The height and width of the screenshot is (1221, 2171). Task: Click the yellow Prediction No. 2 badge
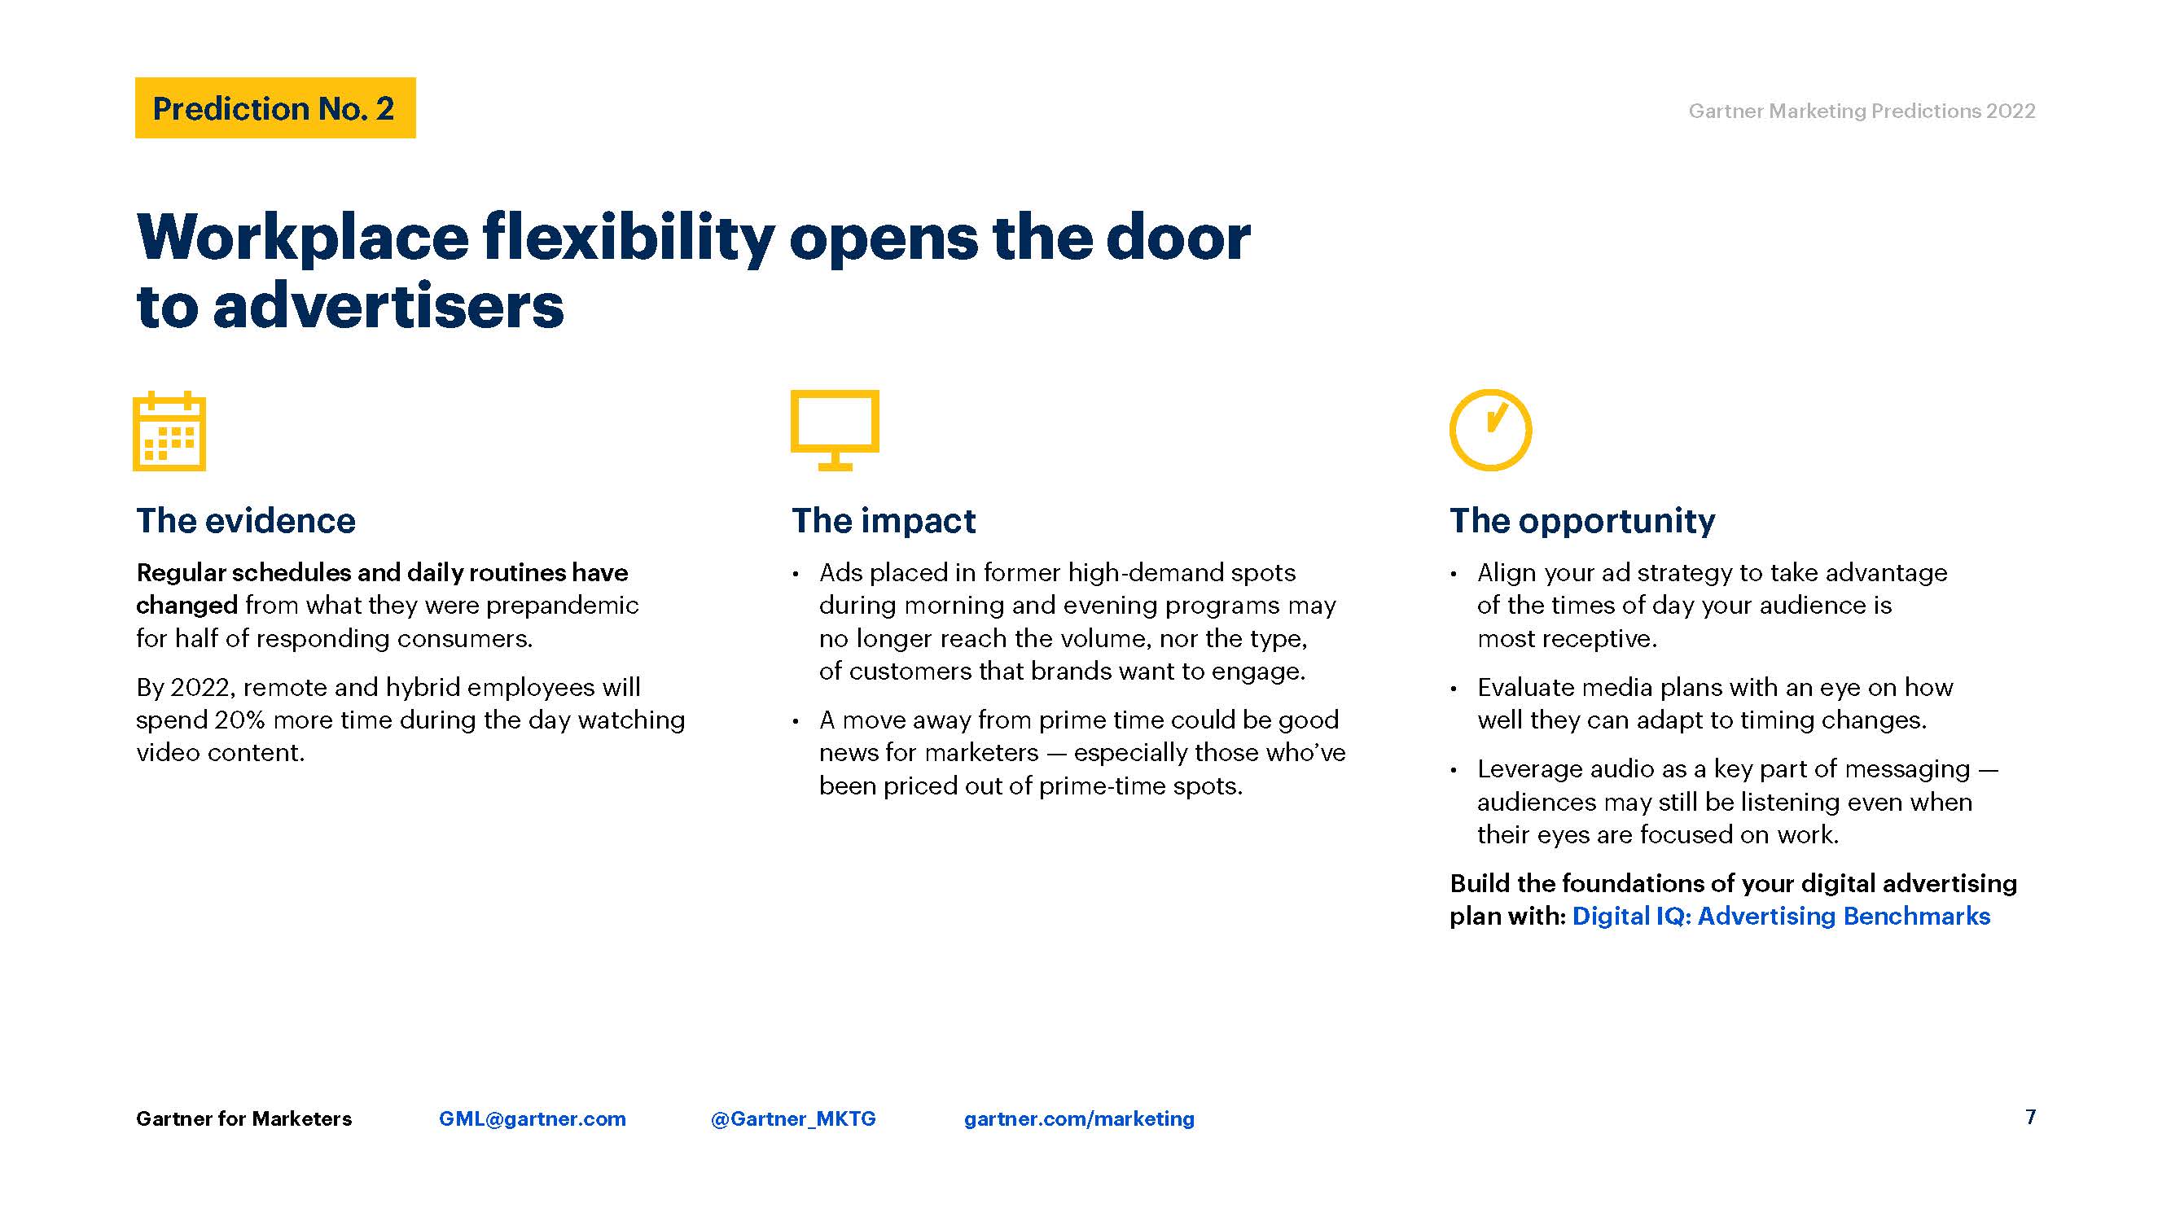(274, 108)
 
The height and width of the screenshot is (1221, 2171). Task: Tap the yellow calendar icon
(169, 431)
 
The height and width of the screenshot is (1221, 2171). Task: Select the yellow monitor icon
(835, 430)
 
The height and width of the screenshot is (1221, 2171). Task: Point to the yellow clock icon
(1490, 430)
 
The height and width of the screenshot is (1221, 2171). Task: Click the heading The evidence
(246, 521)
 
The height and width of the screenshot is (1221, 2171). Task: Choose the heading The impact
(884, 521)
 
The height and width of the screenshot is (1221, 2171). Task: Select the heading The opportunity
(1582, 521)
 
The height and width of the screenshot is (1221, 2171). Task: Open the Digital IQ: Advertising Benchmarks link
(1781, 916)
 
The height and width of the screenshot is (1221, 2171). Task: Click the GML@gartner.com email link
(533, 1118)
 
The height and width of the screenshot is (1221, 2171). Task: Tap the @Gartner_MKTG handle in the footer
(793, 1118)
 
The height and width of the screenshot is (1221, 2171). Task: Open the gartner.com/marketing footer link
(1080, 1119)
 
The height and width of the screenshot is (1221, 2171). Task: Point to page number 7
(2031, 1117)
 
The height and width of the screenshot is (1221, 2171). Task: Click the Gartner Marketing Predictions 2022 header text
(1862, 111)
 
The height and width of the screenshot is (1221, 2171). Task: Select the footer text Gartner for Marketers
(243, 1118)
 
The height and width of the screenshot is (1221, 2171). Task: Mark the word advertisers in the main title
(388, 305)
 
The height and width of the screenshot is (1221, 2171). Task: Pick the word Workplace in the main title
(303, 238)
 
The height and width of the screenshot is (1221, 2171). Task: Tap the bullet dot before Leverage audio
(1454, 770)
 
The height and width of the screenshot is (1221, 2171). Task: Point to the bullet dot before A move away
(796, 721)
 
